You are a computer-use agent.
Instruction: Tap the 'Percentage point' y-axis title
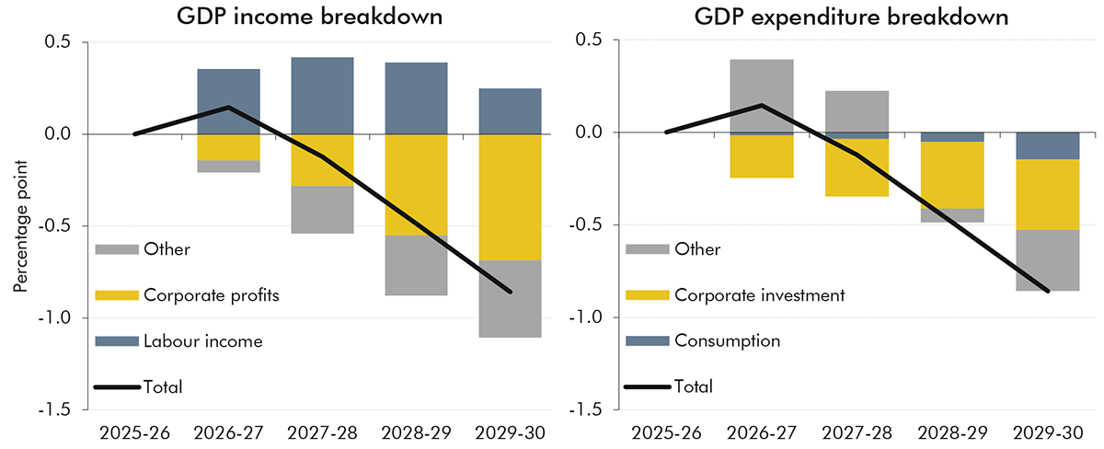20,225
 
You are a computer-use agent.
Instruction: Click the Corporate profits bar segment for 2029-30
509,197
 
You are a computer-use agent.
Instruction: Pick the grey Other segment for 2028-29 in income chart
416,265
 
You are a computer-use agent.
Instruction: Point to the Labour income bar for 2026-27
228,101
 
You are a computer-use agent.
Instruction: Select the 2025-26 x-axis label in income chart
134,431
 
